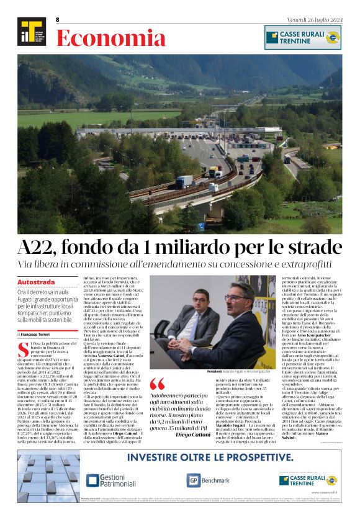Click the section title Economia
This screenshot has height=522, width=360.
110,38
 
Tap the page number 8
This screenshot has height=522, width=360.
57,20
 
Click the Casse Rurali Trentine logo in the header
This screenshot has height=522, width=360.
302,37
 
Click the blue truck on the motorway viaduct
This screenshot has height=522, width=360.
184,181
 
